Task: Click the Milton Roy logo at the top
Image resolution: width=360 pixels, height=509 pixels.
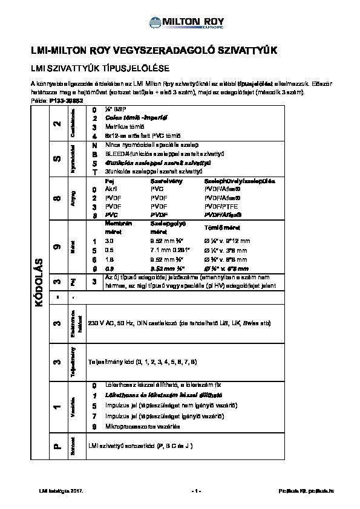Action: (180, 23)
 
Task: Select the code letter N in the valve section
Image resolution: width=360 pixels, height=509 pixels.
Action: (94, 146)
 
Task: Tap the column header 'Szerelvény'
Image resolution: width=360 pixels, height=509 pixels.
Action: (163, 181)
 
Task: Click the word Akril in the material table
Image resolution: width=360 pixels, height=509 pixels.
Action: (111, 189)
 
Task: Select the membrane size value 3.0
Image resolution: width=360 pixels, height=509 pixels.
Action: (109, 241)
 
